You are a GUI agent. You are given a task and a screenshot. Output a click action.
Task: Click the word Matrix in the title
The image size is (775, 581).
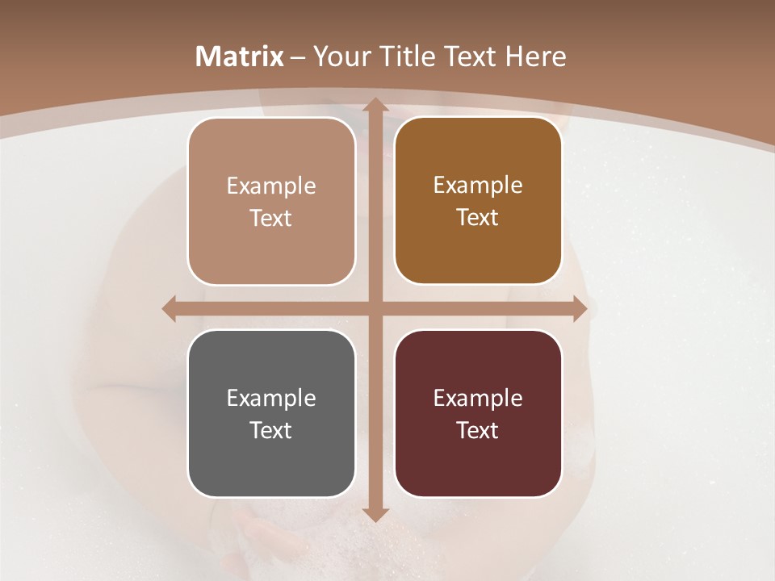[x=240, y=56]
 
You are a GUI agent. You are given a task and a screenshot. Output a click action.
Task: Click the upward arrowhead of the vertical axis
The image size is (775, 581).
[x=375, y=106]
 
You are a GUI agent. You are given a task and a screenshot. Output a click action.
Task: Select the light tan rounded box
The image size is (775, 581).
[x=271, y=202]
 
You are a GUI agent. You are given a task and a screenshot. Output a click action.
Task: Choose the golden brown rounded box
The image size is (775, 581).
[x=478, y=201]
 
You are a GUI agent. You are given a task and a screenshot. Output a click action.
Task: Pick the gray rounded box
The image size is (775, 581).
[x=271, y=413]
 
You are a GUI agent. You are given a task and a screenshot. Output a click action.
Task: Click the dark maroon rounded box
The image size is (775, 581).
[x=478, y=413]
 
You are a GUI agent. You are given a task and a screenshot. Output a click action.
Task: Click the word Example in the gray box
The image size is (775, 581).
[x=271, y=398]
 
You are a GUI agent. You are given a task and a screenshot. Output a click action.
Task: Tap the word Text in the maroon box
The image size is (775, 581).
[x=478, y=430]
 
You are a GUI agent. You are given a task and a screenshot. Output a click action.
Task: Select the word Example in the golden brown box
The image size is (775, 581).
[x=478, y=185]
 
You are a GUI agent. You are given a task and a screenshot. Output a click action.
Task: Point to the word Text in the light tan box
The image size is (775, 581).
[x=271, y=219]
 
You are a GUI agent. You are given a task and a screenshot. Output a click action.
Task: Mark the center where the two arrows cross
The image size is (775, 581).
[x=375, y=308]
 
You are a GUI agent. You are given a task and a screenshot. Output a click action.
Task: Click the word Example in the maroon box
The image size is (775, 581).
[x=478, y=398]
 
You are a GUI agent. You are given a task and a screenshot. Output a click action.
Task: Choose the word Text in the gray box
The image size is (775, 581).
[x=271, y=430]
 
